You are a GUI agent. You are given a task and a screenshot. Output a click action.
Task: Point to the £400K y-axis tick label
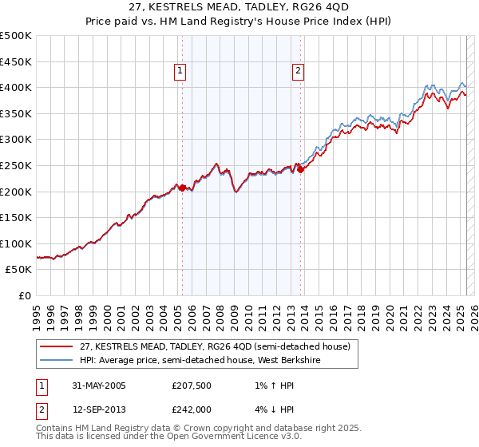[17, 87]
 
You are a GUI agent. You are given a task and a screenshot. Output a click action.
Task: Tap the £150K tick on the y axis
[17, 217]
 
